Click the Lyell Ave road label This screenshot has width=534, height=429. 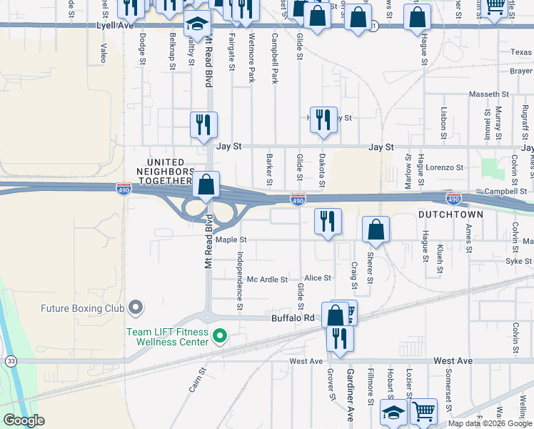coord(115,25)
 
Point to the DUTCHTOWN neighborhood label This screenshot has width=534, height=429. coord(451,214)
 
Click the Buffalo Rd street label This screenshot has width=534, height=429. coord(293,317)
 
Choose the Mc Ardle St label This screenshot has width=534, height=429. coord(267,280)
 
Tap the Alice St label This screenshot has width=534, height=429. coord(318,277)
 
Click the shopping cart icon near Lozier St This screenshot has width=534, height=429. coord(424,410)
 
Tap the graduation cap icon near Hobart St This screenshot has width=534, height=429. coord(393,413)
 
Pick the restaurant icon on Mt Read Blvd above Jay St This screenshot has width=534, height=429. coord(204,124)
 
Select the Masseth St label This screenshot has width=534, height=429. coord(488,94)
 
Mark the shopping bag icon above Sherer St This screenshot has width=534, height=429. coord(376,230)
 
